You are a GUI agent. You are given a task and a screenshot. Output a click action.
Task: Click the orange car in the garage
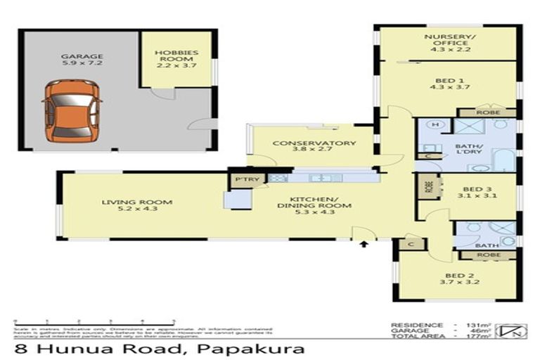coord(71,110)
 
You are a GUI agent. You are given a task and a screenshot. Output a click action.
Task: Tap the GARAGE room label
coord(81,61)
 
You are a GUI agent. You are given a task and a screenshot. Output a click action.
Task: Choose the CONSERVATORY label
coord(314,147)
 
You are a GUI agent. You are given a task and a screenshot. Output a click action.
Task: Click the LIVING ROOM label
coord(136,206)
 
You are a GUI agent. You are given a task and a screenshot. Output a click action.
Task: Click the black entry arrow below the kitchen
coord(364,244)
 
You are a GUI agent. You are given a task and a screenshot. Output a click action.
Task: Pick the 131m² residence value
coord(477,325)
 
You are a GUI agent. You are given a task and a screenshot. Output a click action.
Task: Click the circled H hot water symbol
coord(435,125)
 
